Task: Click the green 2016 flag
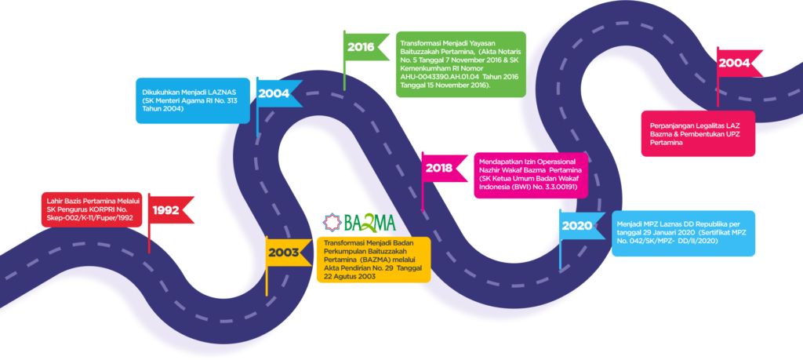coord(362,46)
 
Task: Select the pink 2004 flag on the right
coord(735,63)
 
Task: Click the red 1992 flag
coord(167,209)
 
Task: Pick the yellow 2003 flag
coord(284,252)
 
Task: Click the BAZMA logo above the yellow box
coord(360,223)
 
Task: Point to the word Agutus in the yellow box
coord(358,275)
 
